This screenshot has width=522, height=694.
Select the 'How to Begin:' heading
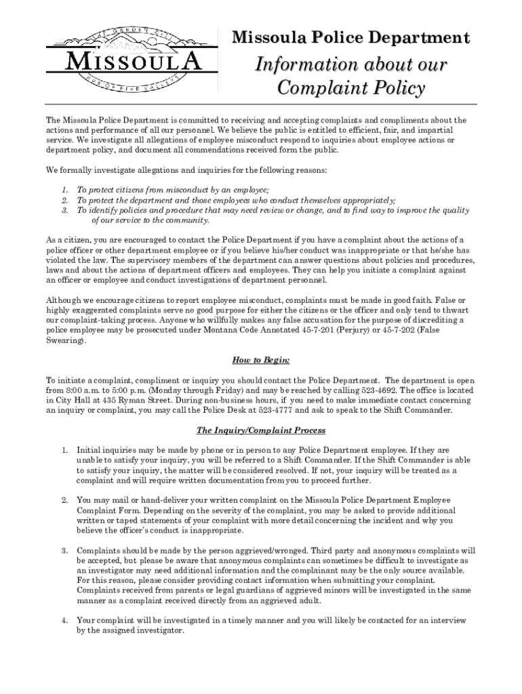(261, 359)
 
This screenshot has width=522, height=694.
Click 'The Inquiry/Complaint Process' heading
(261, 430)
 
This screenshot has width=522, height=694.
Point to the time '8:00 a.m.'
(81, 391)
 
